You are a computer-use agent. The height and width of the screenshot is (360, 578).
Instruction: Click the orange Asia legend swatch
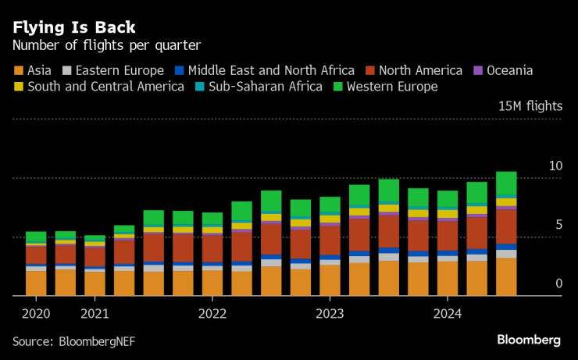18,70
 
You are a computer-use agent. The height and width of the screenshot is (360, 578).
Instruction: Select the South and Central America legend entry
105,87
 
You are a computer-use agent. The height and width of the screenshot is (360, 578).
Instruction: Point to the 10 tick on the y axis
555,166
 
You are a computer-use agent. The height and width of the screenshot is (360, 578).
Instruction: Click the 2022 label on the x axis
212,315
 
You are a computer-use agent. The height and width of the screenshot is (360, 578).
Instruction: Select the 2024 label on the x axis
447,315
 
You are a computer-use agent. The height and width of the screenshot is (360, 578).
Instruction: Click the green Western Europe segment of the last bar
505,183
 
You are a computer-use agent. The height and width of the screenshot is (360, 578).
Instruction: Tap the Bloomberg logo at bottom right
529,340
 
